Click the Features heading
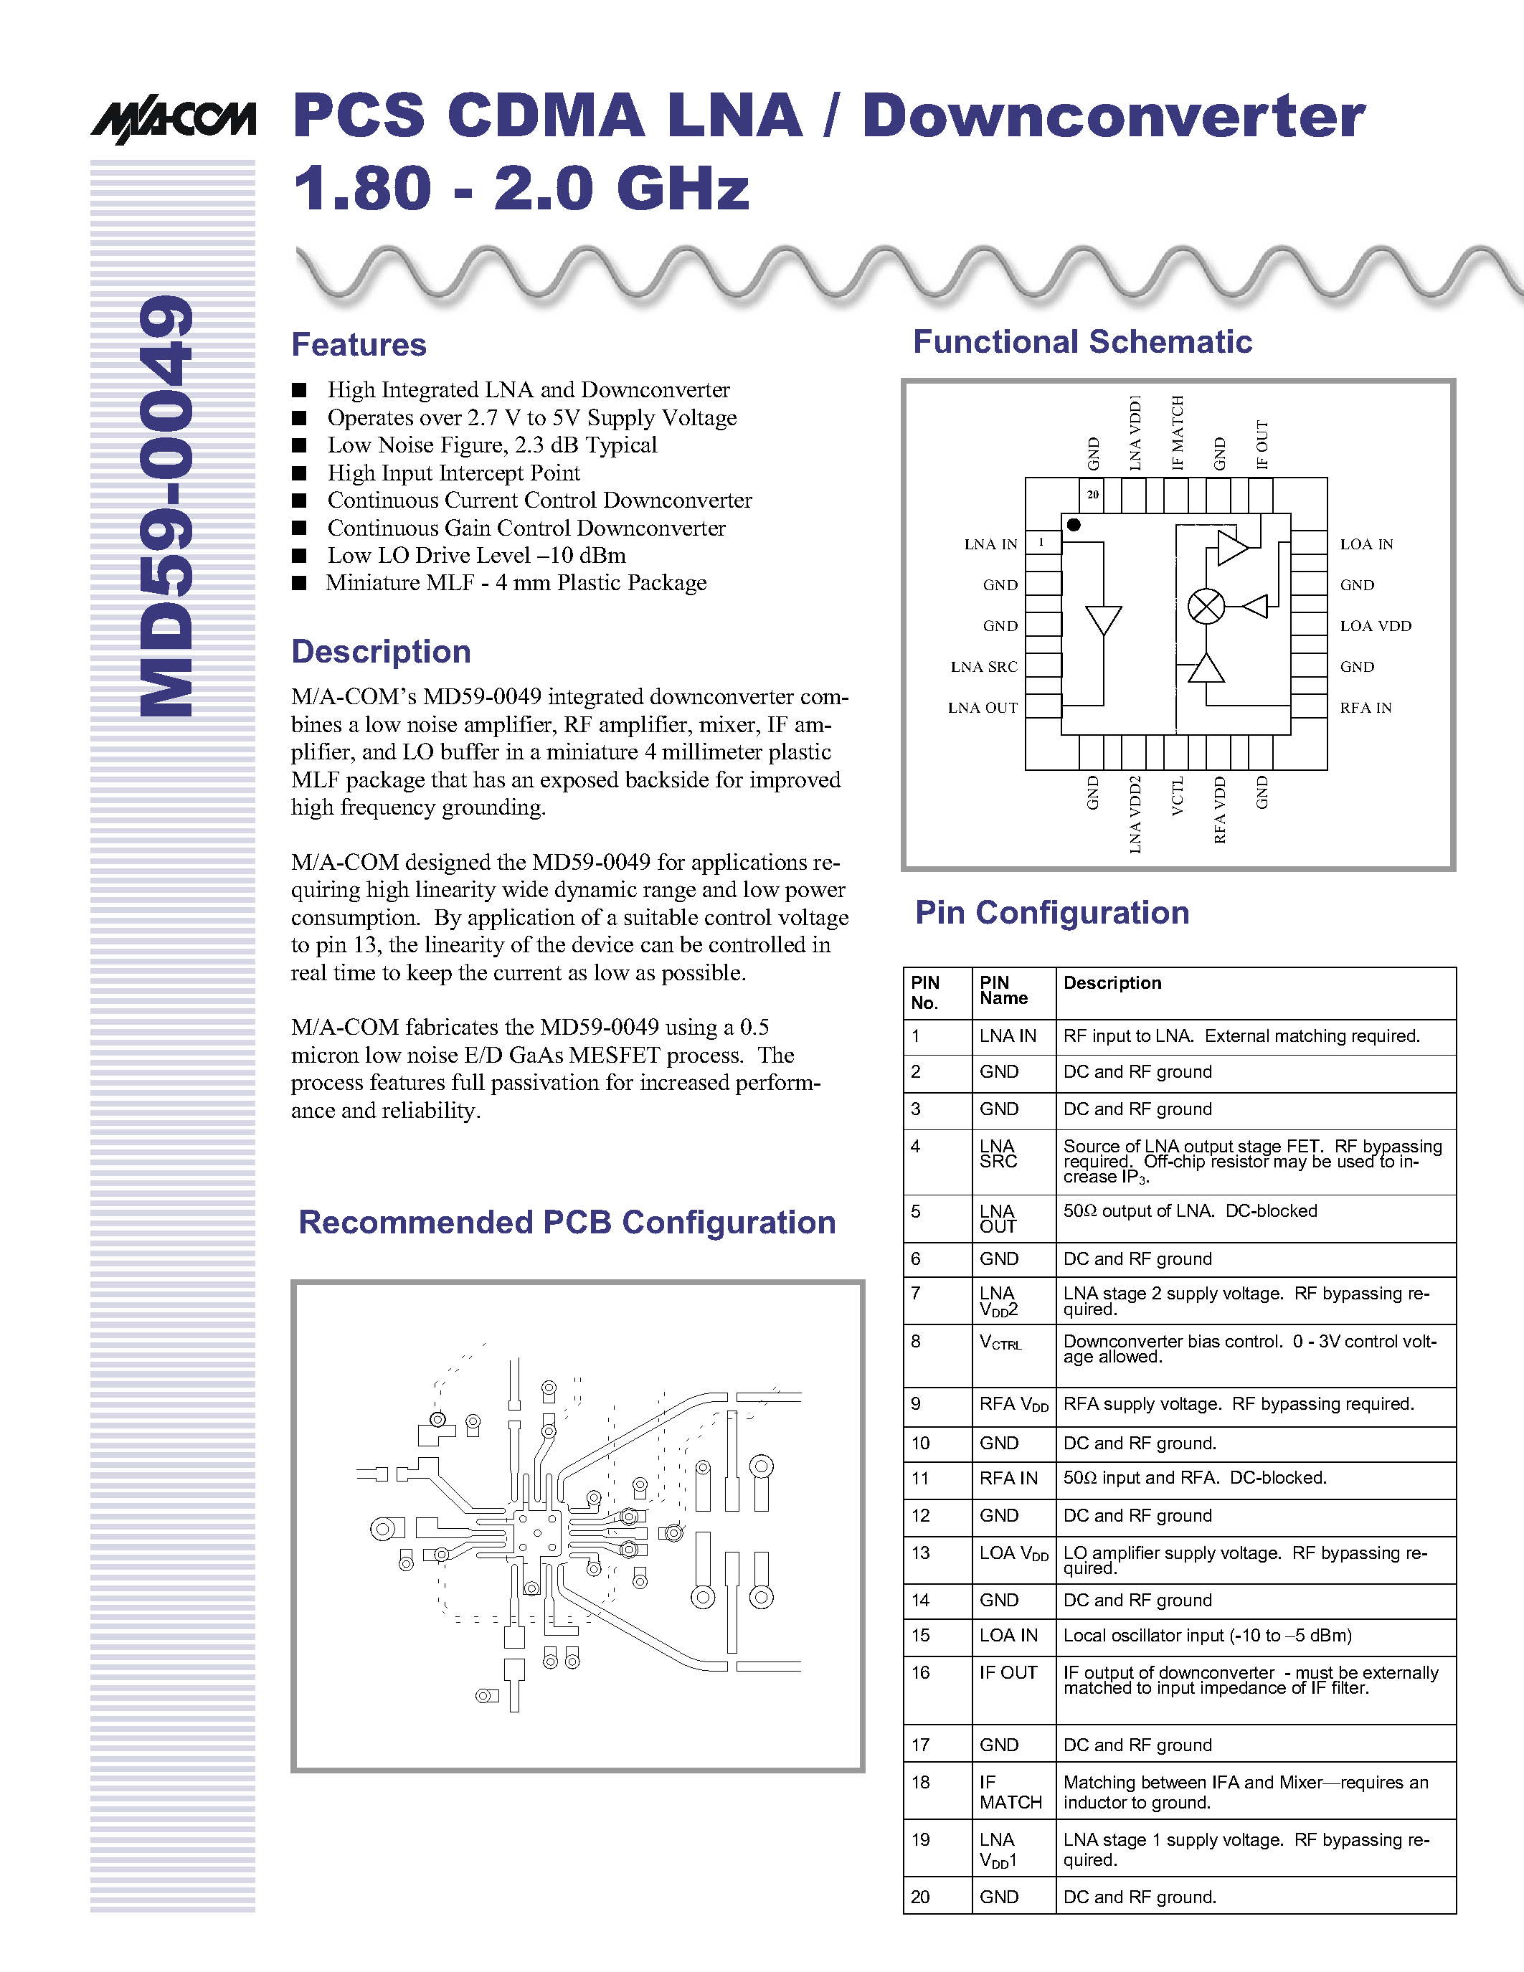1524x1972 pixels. [359, 345]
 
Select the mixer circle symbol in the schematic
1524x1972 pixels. [1206, 606]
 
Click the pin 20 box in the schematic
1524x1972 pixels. [1092, 495]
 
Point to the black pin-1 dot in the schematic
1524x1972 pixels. [1074, 525]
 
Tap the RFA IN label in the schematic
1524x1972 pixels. [1365, 708]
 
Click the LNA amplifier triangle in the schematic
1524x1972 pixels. [1103, 620]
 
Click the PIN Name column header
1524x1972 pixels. [1003, 990]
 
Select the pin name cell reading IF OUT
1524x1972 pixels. [1008, 1672]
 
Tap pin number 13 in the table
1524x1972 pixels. [920, 1553]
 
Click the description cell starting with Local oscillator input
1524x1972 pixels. [1207, 1635]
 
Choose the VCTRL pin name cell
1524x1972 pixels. [1000, 1342]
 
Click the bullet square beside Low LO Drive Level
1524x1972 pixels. [299, 555]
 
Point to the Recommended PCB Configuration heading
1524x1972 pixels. [567, 1222]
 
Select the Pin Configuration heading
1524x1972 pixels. [1052, 913]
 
